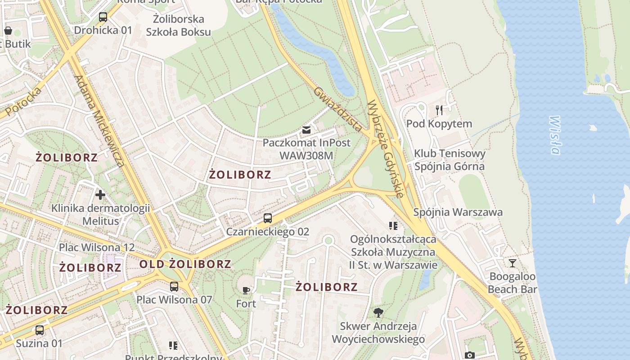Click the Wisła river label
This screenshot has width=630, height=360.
pos(554,135)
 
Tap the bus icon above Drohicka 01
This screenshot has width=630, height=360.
pos(103,17)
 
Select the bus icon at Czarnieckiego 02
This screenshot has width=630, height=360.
pos(268,218)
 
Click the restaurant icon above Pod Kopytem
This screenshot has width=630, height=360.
pos(439,109)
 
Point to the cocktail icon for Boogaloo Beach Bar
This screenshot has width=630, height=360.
pos(512,263)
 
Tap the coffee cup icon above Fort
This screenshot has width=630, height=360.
pos(246,290)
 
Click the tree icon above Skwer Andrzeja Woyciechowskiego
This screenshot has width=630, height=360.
pos(378,312)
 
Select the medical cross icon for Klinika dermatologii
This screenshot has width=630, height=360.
pos(100,195)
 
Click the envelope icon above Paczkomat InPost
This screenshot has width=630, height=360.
pos(306,130)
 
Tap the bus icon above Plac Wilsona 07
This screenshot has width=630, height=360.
pos(174,286)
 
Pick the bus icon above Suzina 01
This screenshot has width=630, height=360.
pos(40,330)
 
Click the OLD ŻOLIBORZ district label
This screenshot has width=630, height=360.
pos(185,264)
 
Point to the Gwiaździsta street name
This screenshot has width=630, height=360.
pos(338,109)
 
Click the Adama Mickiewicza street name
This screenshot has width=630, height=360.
pos(99,121)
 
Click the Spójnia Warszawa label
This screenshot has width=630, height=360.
pos(458,212)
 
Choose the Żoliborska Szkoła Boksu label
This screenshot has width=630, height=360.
pos(178,25)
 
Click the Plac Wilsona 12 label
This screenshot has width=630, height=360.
pos(97,247)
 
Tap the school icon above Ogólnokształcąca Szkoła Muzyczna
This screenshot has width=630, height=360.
pos(393,225)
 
